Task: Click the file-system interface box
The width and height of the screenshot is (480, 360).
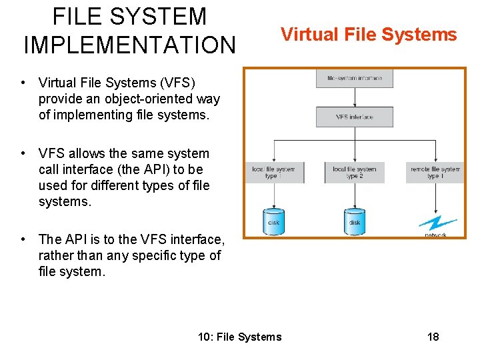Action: tap(354, 79)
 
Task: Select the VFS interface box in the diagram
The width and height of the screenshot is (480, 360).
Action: tap(354, 117)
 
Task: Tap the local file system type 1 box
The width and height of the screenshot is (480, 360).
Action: tap(275, 173)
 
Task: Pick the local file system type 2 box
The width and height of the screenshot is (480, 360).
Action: tap(354, 173)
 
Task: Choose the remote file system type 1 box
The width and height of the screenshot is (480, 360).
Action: tap(435, 173)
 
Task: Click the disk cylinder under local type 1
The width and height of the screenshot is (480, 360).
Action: tap(273, 221)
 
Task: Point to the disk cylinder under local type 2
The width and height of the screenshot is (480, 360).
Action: tap(354, 221)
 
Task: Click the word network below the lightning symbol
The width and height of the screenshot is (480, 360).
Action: tap(435, 235)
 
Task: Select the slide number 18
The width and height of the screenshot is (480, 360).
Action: tap(433, 337)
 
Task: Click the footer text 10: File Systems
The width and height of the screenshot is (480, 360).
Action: tap(240, 337)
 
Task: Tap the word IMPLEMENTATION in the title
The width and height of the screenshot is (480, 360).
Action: tap(129, 45)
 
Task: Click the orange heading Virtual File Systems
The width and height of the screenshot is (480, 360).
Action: tap(369, 34)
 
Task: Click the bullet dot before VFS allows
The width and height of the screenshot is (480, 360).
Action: tap(23, 154)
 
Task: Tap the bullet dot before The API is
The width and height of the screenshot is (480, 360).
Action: tap(23, 239)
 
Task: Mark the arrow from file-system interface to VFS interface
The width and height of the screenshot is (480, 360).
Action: tap(354, 97)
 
